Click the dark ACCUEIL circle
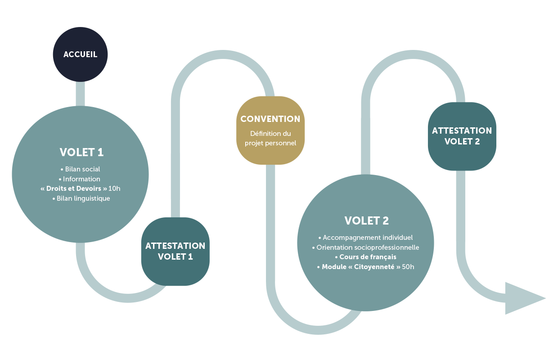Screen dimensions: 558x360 [x=80, y=54]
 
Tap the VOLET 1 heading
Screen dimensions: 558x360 [x=81, y=153]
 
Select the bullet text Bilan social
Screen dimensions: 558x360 [x=82, y=169]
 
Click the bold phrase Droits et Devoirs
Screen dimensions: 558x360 [x=74, y=189]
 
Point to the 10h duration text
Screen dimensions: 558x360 [x=114, y=189]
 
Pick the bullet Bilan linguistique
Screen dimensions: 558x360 [x=83, y=198]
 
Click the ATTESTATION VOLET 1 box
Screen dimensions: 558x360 [x=175, y=252]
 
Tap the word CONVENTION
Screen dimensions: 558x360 [x=270, y=119]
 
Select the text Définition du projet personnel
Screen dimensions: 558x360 [x=270, y=138]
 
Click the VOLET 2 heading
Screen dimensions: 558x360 [x=366, y=221]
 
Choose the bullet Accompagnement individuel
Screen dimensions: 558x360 [x=368, y=238]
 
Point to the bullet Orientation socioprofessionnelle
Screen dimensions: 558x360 [x=368, y=247]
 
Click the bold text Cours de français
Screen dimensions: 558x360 [x=368, y=257]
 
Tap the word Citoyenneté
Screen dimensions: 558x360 [x=374, y=267]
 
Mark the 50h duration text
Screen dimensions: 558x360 [x=408, y=267]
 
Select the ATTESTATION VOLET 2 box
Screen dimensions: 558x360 [x=462, y=136]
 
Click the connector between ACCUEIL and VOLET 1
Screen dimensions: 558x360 [x=80, y=94]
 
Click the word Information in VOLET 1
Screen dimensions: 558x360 [x=81, y=179]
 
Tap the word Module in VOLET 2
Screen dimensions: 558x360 [x=334, y=267]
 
